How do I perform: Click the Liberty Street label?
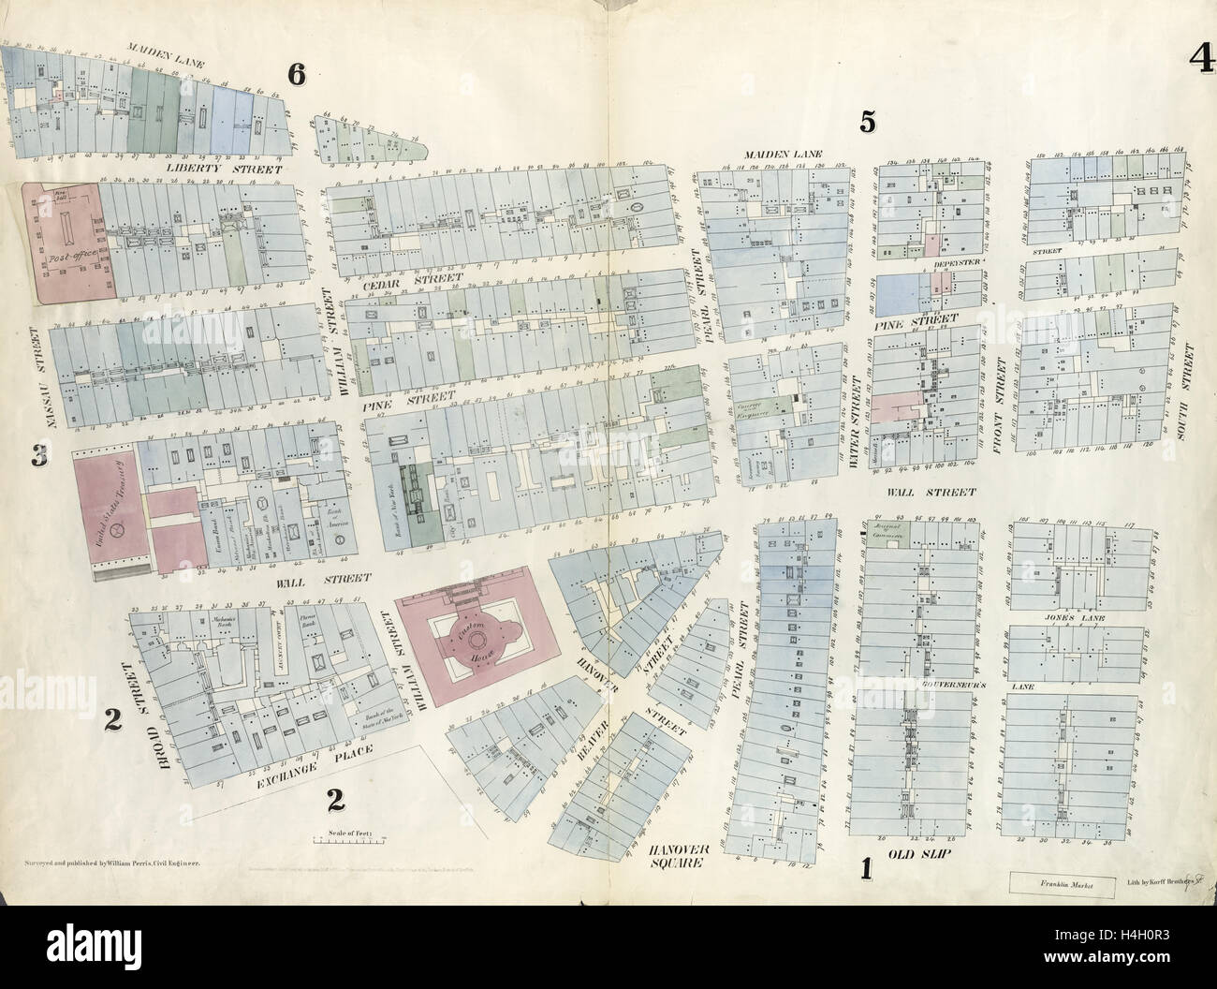coord(211,169)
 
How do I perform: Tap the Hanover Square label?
coord(675,856)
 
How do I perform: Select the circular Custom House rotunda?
coord(479,641)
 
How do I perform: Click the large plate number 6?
coord(296,76)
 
